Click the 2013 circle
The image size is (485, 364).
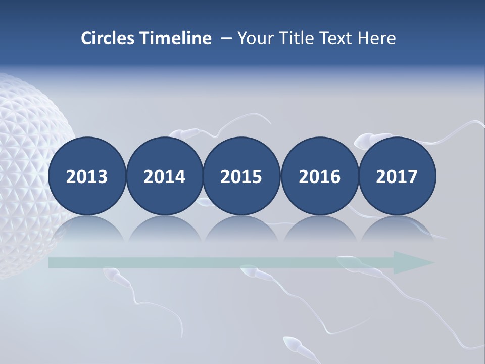pos(87,176)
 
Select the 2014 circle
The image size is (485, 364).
pos(165,176)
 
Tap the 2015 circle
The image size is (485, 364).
pos(241,176)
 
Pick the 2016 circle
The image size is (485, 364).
pos(319,176)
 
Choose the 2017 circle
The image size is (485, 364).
pos(397,176)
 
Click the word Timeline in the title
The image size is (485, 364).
pos(177,38)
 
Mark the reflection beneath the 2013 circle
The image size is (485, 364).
pos(87,230)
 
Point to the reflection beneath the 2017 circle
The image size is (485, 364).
pos(397,230)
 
